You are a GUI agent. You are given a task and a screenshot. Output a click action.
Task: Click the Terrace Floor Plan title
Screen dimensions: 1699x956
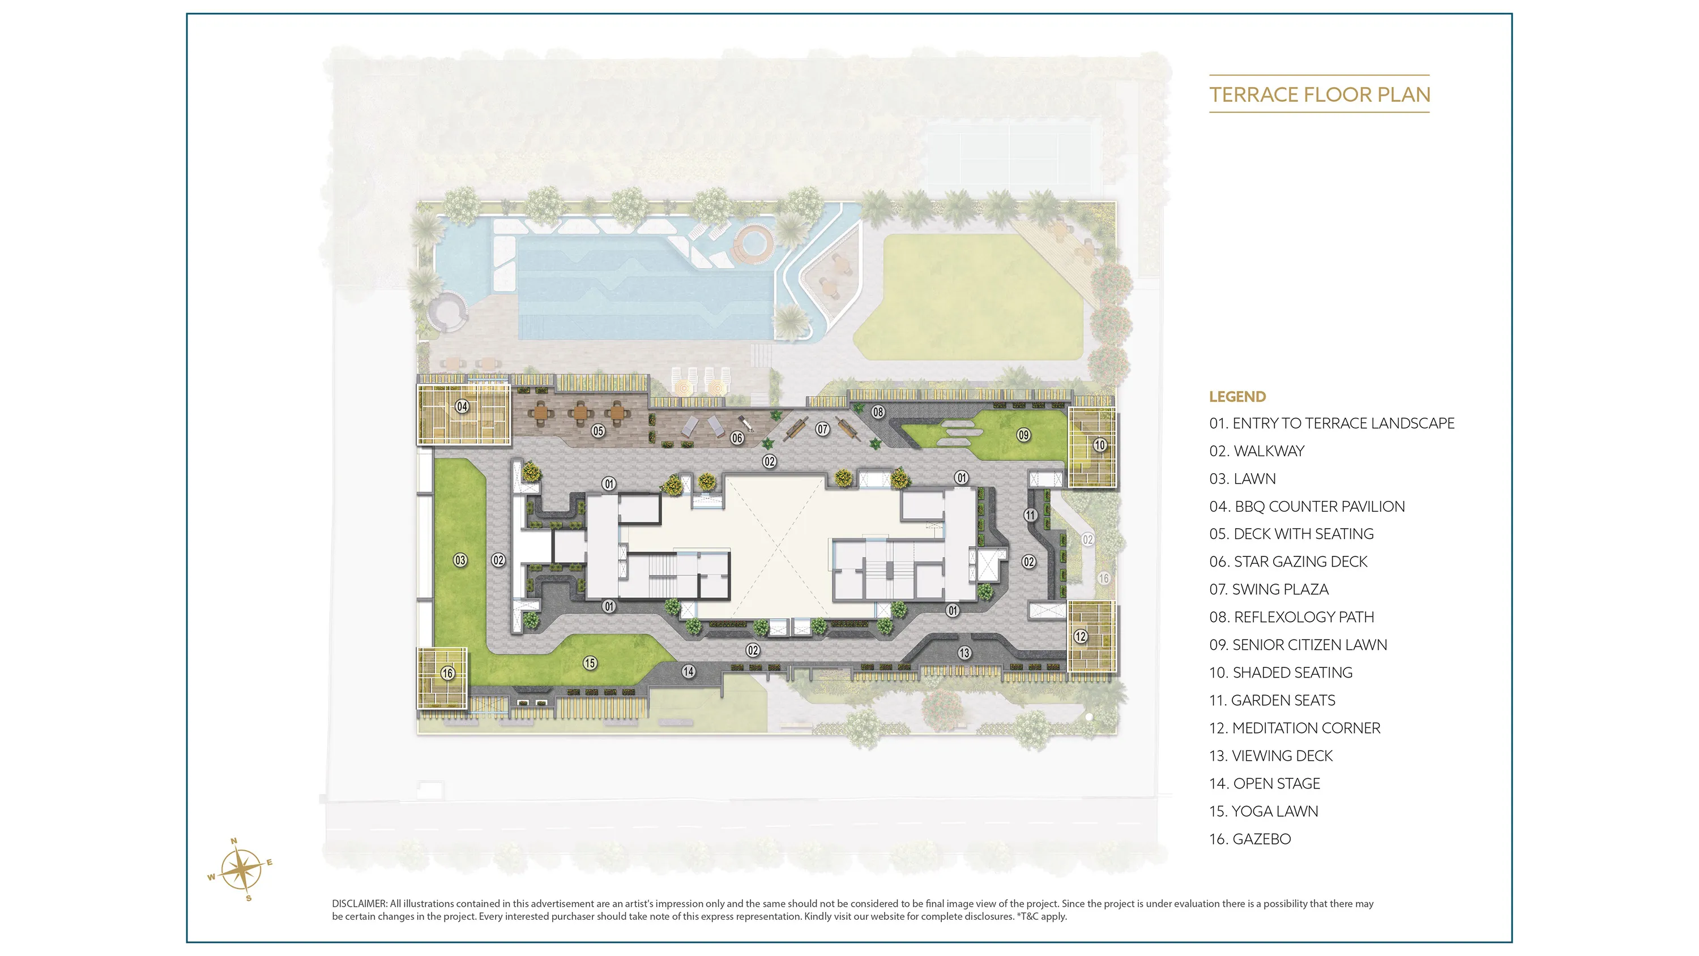1320,95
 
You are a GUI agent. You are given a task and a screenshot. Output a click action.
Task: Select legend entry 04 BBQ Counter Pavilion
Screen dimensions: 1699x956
1307,507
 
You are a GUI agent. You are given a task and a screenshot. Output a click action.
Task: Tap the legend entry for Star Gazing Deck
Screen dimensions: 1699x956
1288,561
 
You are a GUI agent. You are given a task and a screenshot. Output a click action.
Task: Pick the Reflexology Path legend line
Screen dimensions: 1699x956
1291,617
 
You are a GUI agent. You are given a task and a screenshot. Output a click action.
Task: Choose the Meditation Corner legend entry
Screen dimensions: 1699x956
1295,728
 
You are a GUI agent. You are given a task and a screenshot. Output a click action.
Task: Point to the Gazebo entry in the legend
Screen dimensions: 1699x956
1250,839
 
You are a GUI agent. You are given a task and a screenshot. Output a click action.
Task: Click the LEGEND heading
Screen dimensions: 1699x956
1237,397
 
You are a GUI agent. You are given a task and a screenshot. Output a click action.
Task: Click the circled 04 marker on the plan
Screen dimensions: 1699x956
462,406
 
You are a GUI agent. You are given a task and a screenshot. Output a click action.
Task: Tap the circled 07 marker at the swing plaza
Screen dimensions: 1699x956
822,429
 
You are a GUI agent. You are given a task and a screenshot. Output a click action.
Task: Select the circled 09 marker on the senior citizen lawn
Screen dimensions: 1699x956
1023,435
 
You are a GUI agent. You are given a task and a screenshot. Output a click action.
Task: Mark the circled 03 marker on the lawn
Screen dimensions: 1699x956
460,560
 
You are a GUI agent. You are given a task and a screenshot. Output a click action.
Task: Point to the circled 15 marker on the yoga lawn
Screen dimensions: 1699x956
590,663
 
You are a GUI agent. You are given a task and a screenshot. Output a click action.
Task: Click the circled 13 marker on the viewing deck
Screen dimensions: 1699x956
964,653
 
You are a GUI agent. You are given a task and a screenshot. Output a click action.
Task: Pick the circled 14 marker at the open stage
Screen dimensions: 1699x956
689,671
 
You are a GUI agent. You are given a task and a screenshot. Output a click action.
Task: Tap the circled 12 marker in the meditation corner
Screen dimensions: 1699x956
1081,636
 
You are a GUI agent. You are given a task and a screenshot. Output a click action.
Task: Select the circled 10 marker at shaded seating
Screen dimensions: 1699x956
1099,445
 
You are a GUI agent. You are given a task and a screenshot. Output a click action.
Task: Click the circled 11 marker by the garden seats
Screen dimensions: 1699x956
1030,515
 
